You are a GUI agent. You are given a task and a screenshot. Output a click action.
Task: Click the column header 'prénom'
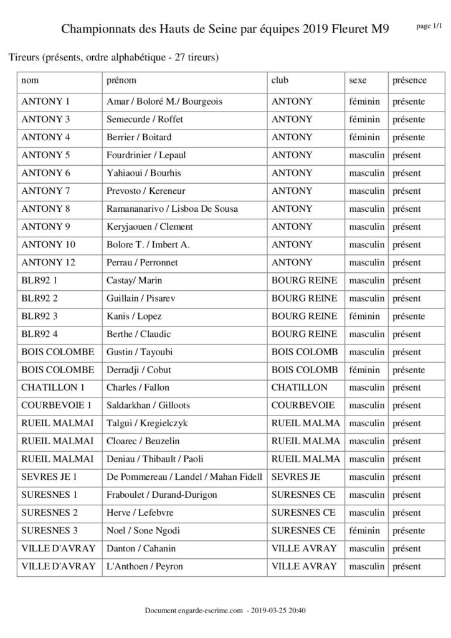pyautogui.click(x=121, y=80)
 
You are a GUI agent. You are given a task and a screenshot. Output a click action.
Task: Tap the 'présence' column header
pyautogui.click(x=409, y=80)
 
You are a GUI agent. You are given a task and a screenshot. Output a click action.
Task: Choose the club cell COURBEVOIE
pyautogui.click(x=303, y=406)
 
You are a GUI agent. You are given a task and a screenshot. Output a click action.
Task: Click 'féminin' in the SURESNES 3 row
pyautogui.click(x=364, y=531)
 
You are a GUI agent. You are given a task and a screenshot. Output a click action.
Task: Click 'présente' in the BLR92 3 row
pyautogui.click(x=409, y=316)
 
